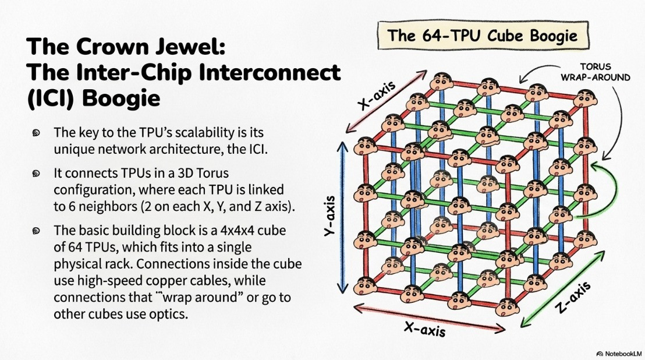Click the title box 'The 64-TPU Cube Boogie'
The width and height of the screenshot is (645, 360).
coord(483,36)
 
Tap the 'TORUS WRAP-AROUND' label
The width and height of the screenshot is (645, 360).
coord(595,72)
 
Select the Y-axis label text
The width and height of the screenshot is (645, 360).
coord(329,216)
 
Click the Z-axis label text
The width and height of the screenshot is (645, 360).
coord(573,298)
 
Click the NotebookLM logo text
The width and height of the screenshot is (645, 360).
coord(619,354)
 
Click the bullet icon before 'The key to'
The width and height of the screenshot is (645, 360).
coord(36,132)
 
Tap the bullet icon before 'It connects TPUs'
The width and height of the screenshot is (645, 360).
coord(36,173)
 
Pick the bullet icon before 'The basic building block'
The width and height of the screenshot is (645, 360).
coord(36,231)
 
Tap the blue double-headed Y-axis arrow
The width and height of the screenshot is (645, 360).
coord(342,218)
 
